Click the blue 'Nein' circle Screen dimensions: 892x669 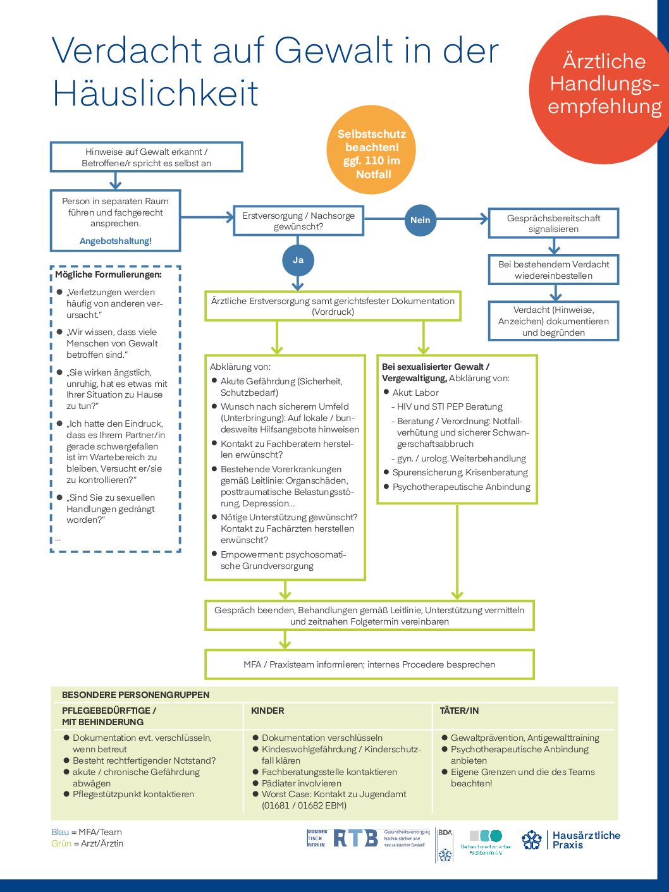[420, 220]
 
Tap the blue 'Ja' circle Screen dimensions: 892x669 [298, 260]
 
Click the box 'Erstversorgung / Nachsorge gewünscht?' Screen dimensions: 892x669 [298, 221]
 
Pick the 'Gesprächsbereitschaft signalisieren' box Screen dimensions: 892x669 [553, 223]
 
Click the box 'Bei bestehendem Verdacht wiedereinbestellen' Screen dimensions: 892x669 [553, 270]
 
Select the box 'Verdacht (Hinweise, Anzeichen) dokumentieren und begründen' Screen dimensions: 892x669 [553, 321]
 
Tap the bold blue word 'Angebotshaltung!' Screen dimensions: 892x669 [116, 241]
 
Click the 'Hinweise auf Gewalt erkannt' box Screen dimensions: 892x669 [146, 157]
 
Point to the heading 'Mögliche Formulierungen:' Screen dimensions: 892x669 [108, 274]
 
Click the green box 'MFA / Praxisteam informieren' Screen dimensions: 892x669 [369, 664]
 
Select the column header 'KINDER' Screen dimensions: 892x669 [267, 711]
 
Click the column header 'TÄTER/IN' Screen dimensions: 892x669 [459, 711]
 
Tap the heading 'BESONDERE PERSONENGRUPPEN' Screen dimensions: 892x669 [135, 695]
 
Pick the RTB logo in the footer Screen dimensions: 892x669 [355, 838]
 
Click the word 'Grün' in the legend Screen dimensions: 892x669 [61, 843]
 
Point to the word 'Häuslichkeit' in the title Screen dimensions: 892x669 [156, 94]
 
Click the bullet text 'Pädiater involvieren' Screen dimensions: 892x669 [302, 783]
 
